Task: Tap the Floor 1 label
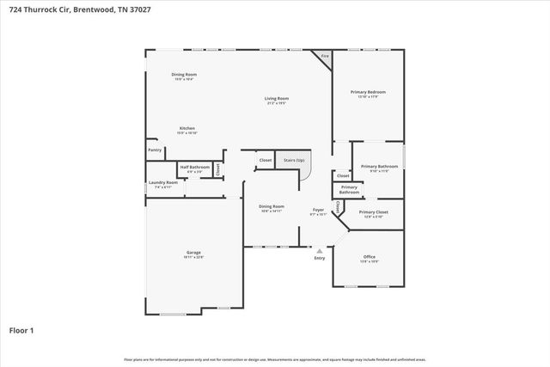(x=21, y=329)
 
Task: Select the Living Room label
(x=276, y=99)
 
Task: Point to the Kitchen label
(x=186, y=128)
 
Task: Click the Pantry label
(x=155, y=150)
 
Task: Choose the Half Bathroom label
(x=194, y=167)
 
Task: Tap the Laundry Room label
(x=163, y=182)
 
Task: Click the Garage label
(x=193, y=253)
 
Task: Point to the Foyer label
(x=318, y=210)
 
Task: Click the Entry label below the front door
(x=320, y=258)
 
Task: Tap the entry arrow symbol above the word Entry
(x=320, y=251)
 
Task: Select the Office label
(x=369, y=257)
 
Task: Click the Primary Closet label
(x=374, y=211)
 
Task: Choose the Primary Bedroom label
(x=368, y=92)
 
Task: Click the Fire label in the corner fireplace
(x=324, y=56)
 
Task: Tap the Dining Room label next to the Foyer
(x=272, y=206)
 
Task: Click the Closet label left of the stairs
(x=266, y=160)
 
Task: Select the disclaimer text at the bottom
(x=275, y=359)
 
